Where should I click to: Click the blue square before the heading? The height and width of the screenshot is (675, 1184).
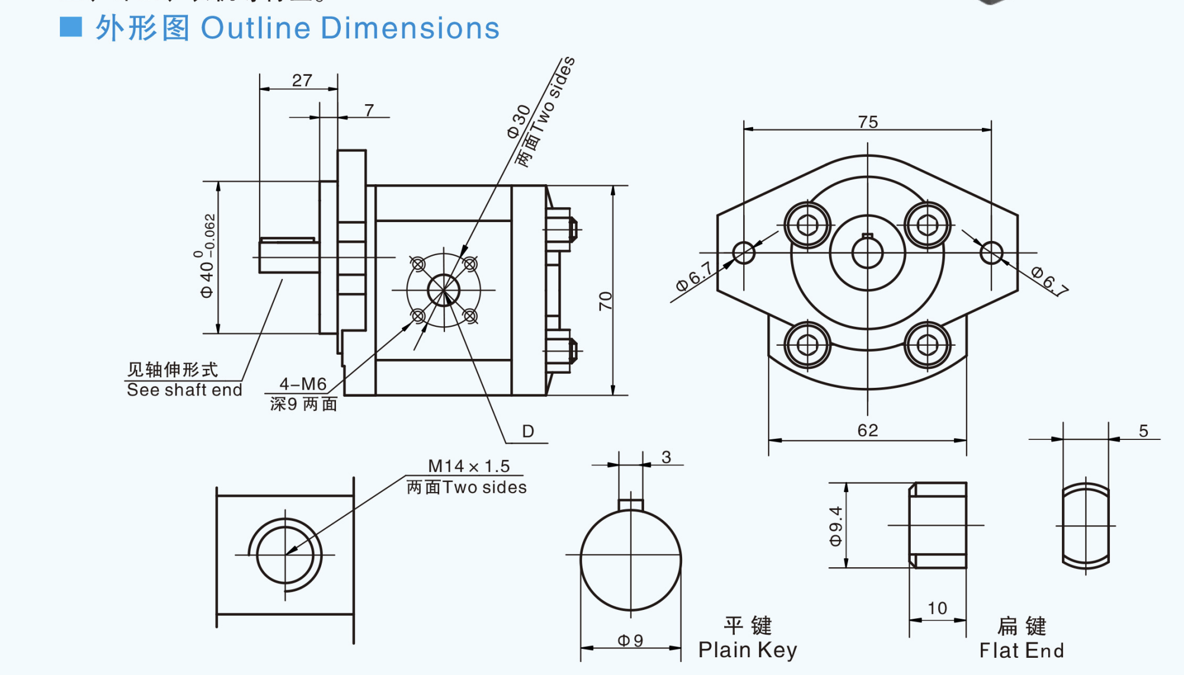pyautogui.click(x=71, y=27)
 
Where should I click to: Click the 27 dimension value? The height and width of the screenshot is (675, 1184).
pyautogui.click(x=302, y=80)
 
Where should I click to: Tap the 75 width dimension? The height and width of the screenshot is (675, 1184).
pyautogui.click(x=868, y=121)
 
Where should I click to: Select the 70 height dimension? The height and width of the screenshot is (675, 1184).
pyautogui.click(x=605, y=301)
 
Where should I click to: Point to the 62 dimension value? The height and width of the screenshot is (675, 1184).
pyautogui.click(x=868, y=430)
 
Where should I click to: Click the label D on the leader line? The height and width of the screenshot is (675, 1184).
pyautogui.click(x=528, y=431)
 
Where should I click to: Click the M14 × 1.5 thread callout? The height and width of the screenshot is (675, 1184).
pyautogui.click(x=468, y=466)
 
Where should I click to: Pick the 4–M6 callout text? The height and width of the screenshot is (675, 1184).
pyautogui.click(x=303, y=384)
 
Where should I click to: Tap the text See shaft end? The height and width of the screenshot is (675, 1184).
pyautogui.click(x=184, y=390)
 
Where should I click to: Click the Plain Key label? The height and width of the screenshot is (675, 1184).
pyautogui.click(x=747, y=650)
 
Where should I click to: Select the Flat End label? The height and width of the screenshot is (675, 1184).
pyautogui.click(x=1021, y=650)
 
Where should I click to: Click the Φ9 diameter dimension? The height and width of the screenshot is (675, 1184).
pyautogui.click(x=630, y=640)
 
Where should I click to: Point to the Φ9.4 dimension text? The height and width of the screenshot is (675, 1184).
pyautogui.click(x=836, y=526)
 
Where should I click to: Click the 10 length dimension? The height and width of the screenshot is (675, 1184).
pyautogui.click(x=937, y=608)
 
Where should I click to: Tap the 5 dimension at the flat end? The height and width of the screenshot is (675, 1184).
pyautogui.click(x=1143, y=431)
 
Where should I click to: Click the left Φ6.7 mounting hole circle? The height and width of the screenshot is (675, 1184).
pyautogui.click(x=744, y=253)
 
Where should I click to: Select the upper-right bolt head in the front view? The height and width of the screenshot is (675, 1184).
pyautogui.click(x=927, y=225)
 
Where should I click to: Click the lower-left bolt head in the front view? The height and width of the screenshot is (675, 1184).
pyautogui.click(x=807, y=345)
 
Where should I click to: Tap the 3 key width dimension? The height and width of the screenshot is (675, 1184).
pyautogui.click(x=666, y=457)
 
